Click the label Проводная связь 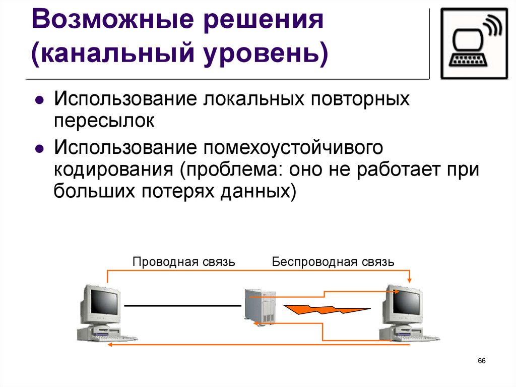point(183,262)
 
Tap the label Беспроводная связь point(333,262)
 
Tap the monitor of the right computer point(403,304)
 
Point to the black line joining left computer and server point(182,306)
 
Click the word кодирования point(114,170)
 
